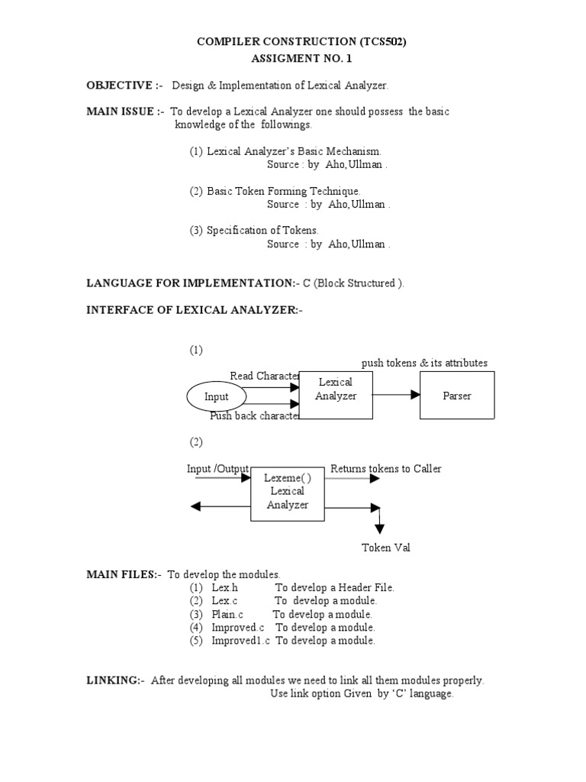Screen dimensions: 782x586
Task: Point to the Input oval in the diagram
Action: click(x=217, y=397)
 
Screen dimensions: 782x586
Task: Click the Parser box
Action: click(x=457, y=396)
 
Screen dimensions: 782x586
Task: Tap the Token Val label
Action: click(x=385, y=548)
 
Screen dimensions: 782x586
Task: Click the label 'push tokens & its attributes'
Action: click(x=424, y=363)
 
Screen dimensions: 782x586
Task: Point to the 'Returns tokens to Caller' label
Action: click(x=385, y=468)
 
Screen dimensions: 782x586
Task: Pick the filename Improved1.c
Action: click(x=240, y=641)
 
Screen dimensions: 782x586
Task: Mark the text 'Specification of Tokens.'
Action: click(x=262, y=230)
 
